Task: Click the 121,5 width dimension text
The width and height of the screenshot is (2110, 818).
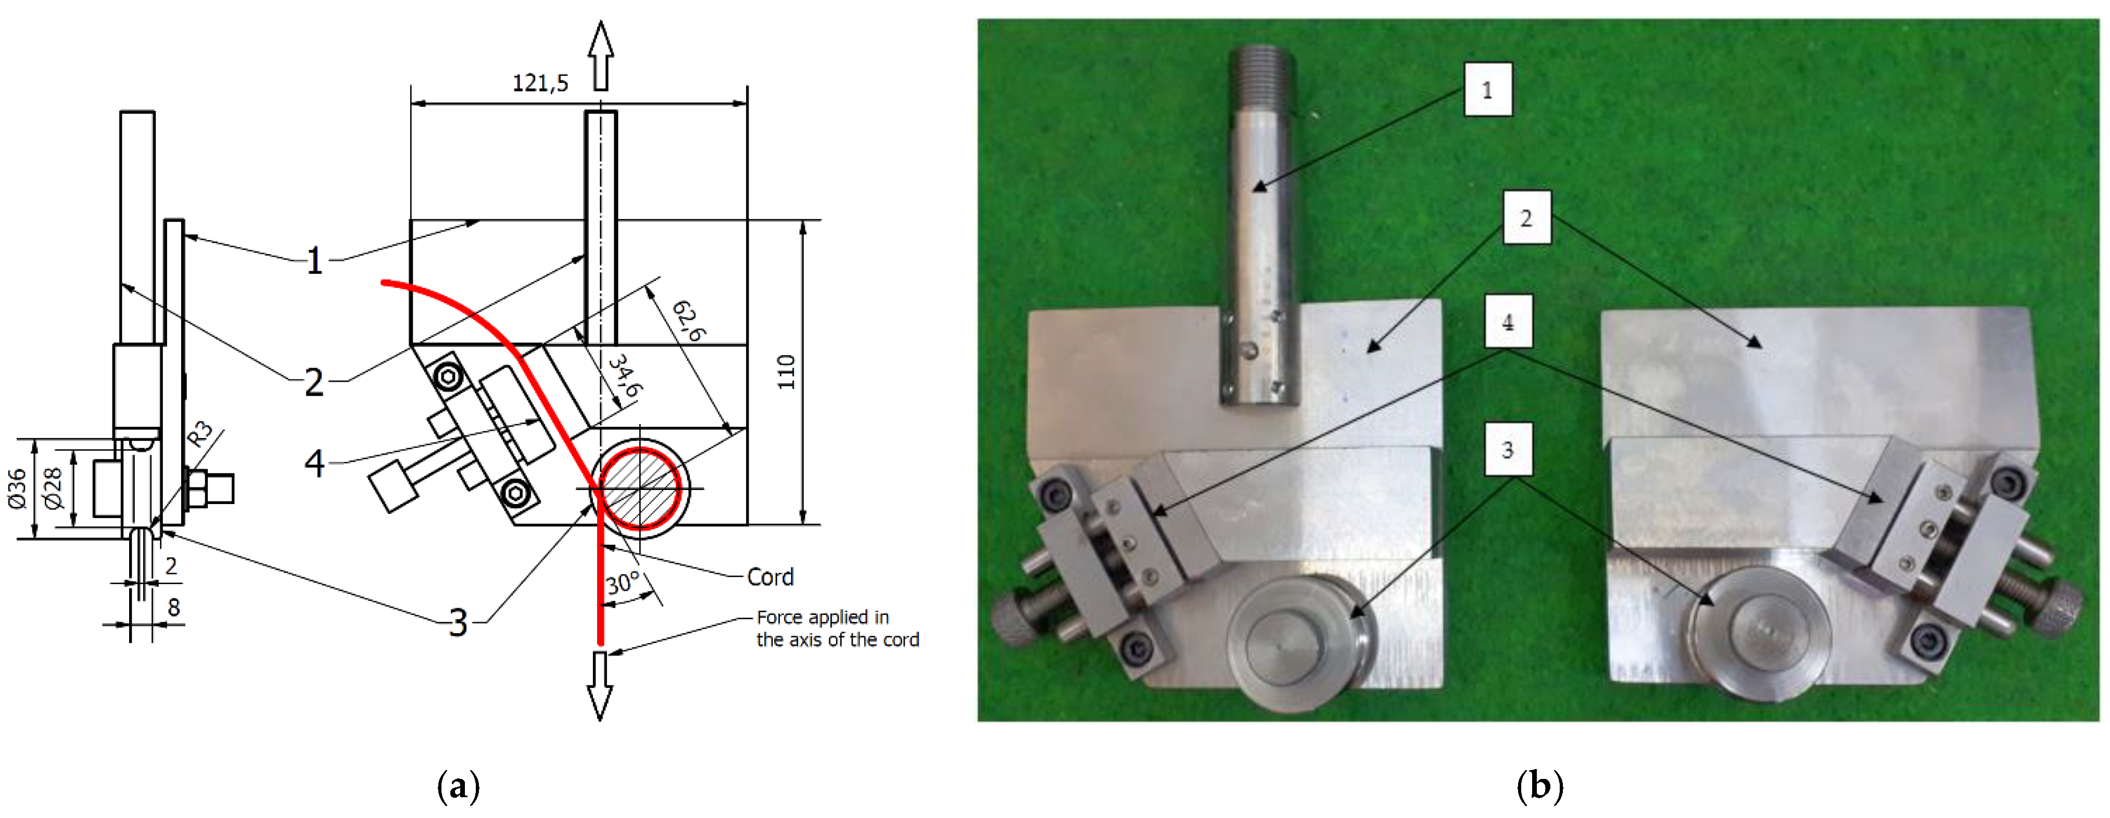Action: (x=540, y=83)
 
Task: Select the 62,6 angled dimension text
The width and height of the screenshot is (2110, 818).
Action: (x=688, y=320)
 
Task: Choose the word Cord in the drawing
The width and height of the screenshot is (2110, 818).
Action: (x=770, y=577)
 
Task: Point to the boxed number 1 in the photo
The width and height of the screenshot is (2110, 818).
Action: (x=1487, y=90)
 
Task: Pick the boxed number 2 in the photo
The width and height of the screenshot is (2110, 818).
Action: (x=1526, y=218)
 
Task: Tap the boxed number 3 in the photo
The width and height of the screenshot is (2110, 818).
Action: (x=1507, y=449)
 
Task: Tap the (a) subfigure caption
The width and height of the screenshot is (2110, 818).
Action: (x=459, y=787)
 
